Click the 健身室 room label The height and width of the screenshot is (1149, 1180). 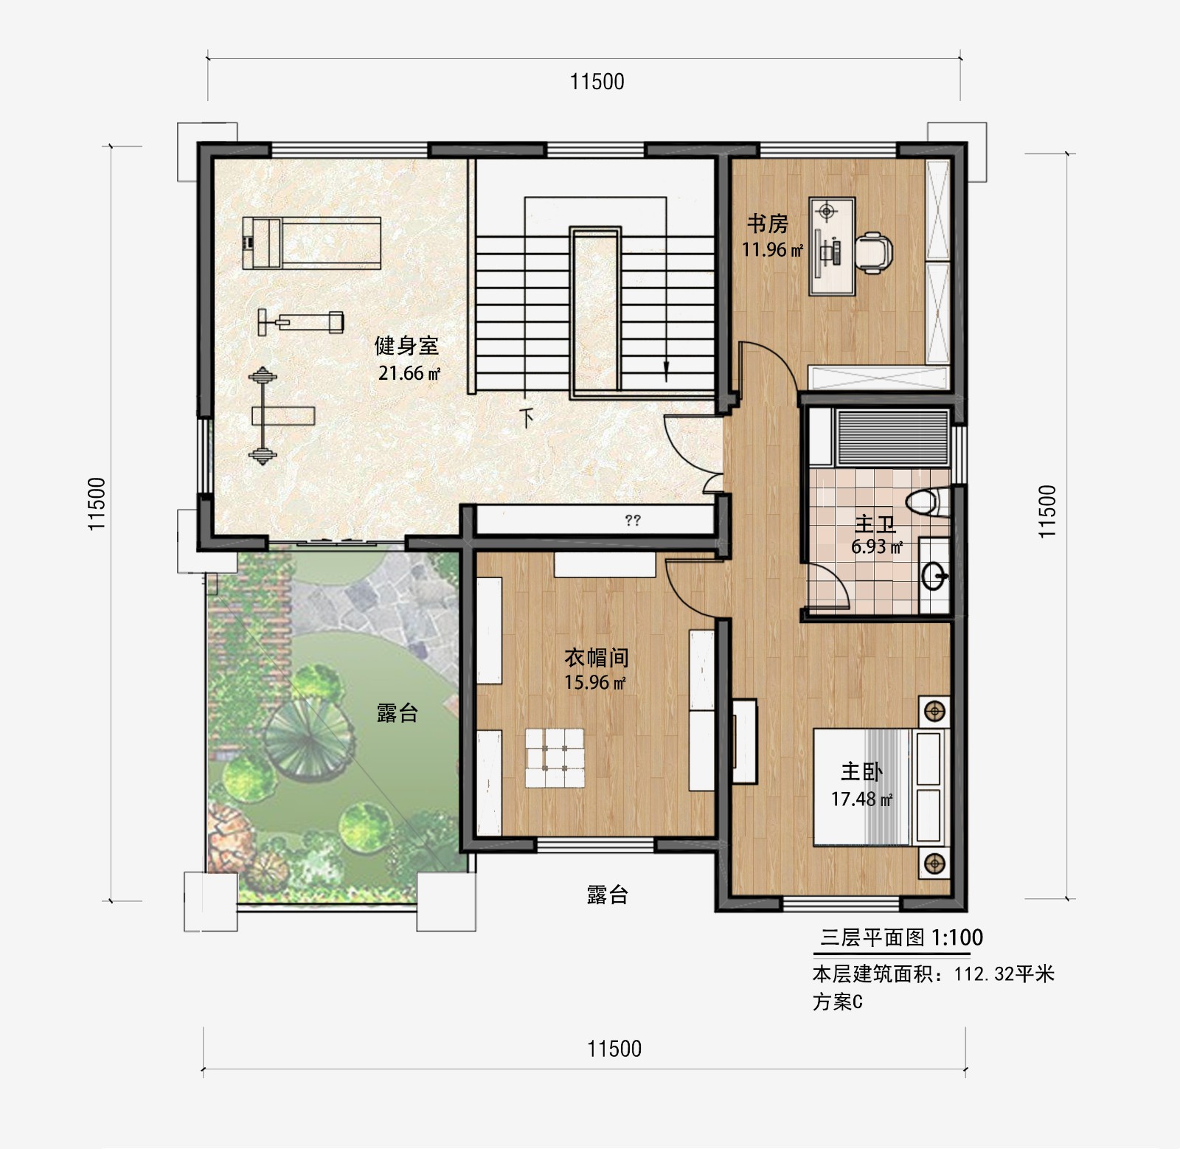(x=406, y=345)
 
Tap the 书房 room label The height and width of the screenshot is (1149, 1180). (x=768, y=223)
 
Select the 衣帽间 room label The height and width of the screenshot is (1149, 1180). (x=597, y=657)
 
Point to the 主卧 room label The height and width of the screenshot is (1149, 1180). (x=861, y=772)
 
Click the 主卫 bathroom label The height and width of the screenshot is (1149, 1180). (x=875, y=524)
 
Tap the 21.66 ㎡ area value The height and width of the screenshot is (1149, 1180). (x=409, y=373)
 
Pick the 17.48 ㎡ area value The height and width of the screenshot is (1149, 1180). (x=861, y=799)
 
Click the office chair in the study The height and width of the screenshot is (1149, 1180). (x=875, y=251)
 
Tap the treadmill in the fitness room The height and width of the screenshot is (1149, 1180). (x=312, y=241)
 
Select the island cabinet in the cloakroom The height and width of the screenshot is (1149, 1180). (x=555, y=758)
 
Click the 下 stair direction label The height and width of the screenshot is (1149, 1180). (x=527, y=418)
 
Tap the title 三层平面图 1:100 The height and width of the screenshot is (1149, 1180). (x=901, y=937)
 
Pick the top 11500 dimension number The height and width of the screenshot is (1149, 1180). (x=597, y=81)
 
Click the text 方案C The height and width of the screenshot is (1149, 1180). (x=838, y=1002)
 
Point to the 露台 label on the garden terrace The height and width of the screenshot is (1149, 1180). (x=398, y=712)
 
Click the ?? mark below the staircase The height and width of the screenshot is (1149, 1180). (x=633, y=521)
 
